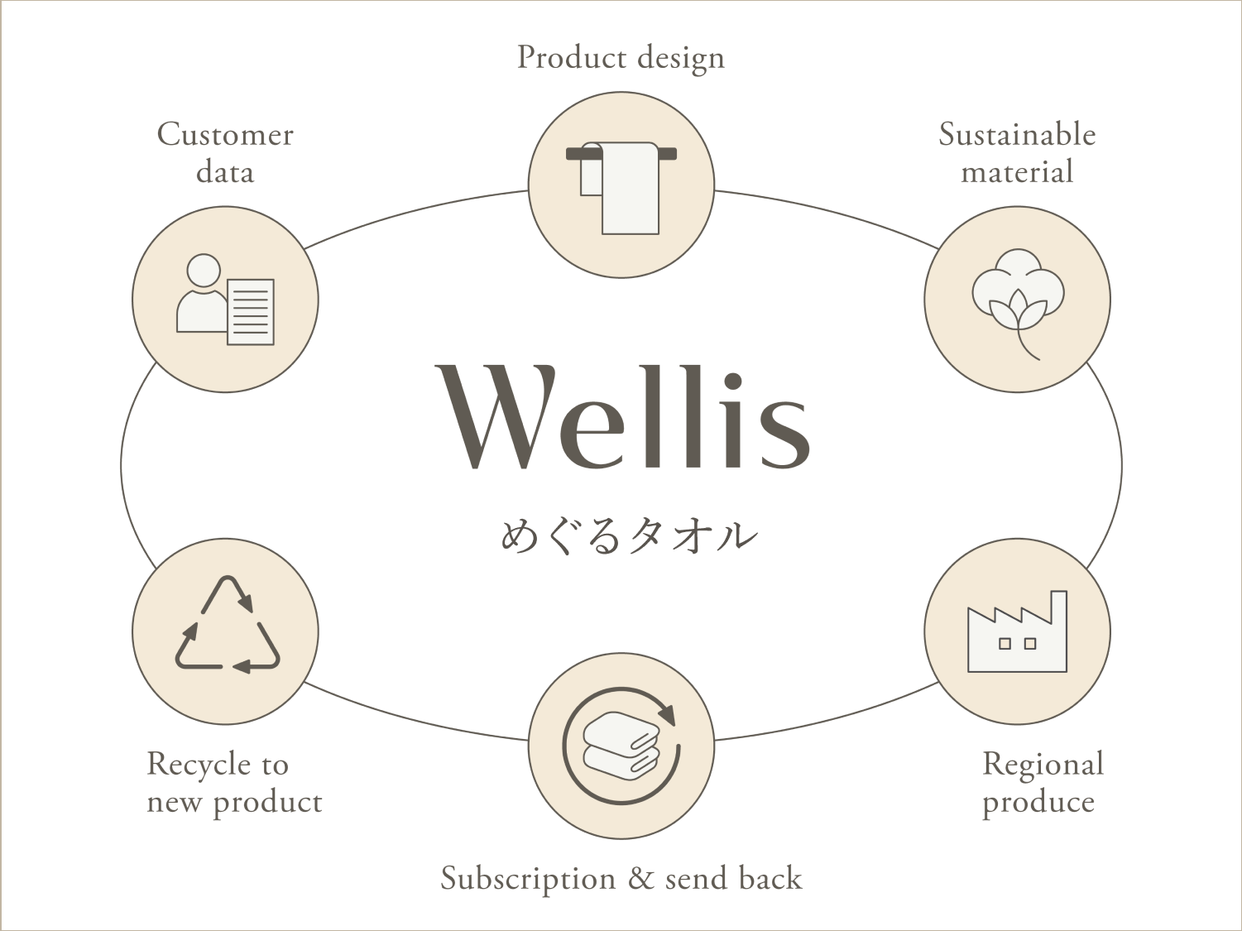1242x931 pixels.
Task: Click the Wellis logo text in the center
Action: [x=622, y=417]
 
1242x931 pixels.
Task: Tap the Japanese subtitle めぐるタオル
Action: [x=629, y=536]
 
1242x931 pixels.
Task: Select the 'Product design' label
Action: [x=621, y=58]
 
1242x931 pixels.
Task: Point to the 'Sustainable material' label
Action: [x=1017, y=153]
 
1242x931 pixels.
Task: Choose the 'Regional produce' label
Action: [x=1043, y=783]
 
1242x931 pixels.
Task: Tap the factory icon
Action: [x=1017, y=633]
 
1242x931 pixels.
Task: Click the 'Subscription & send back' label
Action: [x=621, y=879]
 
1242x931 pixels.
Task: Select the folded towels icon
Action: [x=621, y=746]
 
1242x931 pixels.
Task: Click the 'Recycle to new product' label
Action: [x=234, y=783]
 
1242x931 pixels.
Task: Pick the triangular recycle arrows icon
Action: [x=227, y=625]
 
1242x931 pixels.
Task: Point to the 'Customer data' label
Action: [x=225, y=153]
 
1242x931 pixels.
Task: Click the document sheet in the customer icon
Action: [x=250, y=312]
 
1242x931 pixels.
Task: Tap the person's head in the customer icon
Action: [x=204, y=270]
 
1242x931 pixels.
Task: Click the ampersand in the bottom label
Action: [x=640, y=879]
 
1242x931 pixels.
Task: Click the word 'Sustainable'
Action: [x=1017, y=135]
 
